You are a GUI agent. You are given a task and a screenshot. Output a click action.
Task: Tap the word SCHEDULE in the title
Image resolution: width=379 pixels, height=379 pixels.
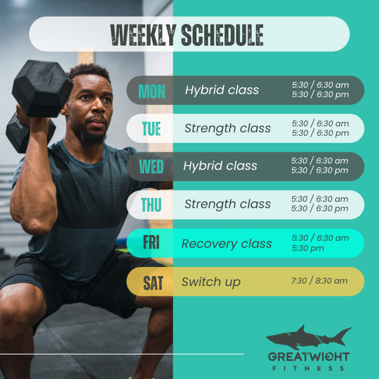222,35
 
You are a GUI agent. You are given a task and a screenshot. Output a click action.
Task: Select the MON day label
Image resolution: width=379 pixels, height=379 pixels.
152,91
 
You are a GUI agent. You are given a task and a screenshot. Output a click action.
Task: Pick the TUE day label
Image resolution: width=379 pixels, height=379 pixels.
151,128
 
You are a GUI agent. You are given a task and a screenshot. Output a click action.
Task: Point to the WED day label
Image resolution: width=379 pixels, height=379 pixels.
151,167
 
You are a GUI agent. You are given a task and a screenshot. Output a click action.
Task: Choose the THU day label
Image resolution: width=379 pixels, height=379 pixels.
151,205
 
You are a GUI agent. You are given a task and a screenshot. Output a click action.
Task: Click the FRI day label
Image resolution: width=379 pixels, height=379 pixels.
151,242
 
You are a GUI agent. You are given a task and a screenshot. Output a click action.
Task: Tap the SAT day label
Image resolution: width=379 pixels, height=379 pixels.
153,283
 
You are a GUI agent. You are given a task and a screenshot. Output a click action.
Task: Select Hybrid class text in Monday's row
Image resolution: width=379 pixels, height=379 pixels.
222,90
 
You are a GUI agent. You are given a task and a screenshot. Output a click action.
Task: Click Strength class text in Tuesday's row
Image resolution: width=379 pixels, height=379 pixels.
228,128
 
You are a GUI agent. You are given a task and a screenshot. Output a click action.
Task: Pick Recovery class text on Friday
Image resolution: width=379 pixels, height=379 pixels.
227,244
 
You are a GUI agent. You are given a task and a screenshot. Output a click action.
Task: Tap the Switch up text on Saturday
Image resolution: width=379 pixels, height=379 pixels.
211,282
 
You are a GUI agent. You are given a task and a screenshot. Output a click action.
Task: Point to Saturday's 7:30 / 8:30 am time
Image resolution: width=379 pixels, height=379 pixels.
319,281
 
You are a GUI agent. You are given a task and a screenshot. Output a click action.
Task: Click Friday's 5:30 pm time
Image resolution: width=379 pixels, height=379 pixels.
308,248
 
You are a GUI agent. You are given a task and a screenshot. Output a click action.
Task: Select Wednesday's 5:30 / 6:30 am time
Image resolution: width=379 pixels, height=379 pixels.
319,161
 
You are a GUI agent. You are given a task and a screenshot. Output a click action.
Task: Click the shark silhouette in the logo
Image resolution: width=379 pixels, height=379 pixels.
309,337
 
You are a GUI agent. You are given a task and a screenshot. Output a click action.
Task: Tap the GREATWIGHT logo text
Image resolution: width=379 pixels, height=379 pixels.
309,357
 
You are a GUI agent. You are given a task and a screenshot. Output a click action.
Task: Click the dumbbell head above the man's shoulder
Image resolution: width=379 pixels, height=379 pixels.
43,88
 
